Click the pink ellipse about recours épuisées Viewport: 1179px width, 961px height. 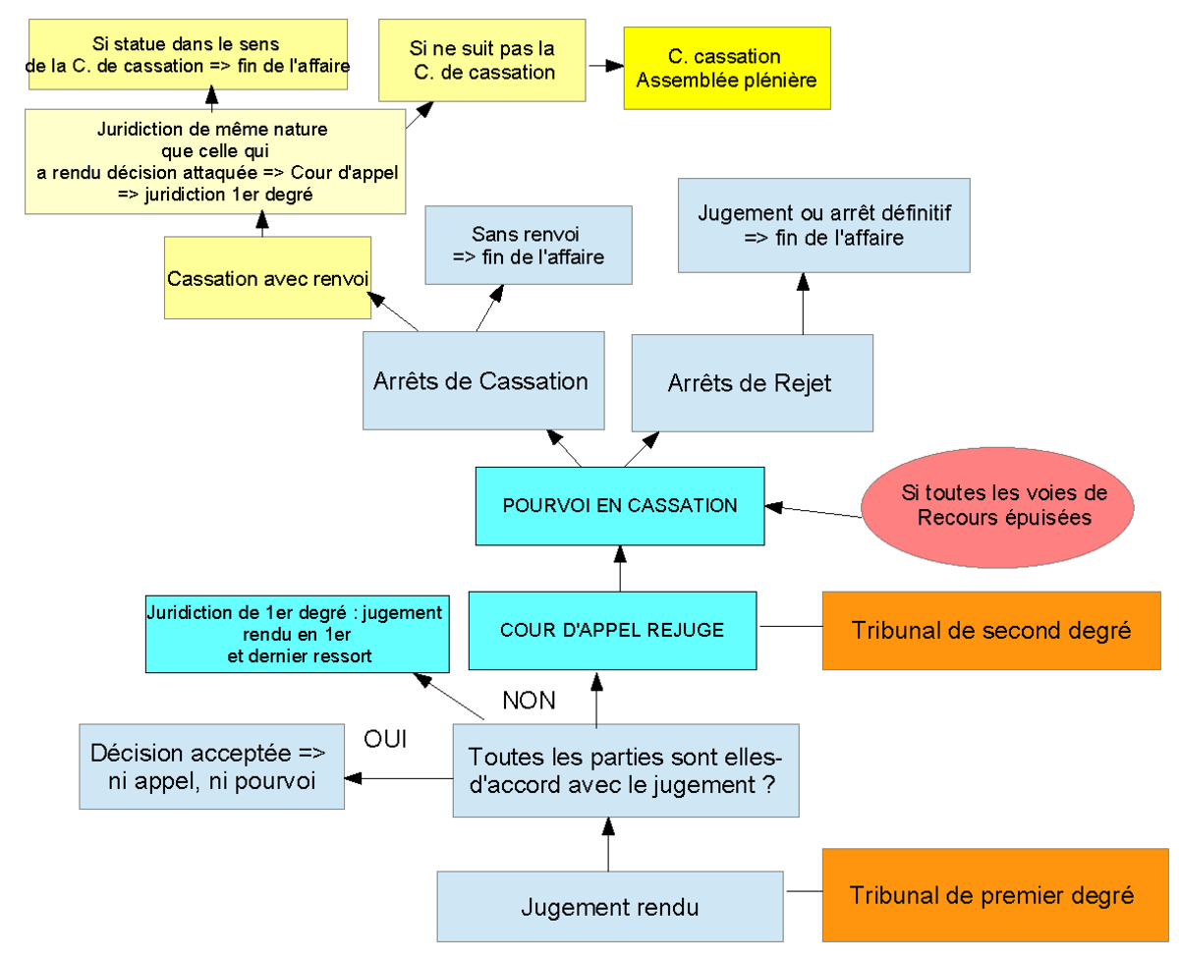point(997,507)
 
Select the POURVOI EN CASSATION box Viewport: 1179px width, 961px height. point(620,506)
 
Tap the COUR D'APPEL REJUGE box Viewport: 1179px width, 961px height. point(612,631)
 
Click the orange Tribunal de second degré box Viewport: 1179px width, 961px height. point(991,631)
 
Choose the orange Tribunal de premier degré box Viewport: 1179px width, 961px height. point(995,895)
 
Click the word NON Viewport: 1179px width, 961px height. point(529,701)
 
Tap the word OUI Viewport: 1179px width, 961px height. point(385,739)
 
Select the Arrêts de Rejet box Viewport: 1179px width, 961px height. point(753,383)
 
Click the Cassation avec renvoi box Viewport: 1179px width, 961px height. point(267,278)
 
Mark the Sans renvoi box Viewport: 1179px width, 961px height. point(528,246)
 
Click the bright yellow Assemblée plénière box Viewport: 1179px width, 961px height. point(727,68)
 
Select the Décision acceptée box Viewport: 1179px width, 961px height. point(211,766)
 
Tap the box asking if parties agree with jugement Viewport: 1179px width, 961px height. point(626,770)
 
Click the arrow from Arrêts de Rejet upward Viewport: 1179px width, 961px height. point(803,304)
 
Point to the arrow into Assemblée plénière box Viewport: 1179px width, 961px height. point(606,66)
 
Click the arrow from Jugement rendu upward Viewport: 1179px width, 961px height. point(608,844)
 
